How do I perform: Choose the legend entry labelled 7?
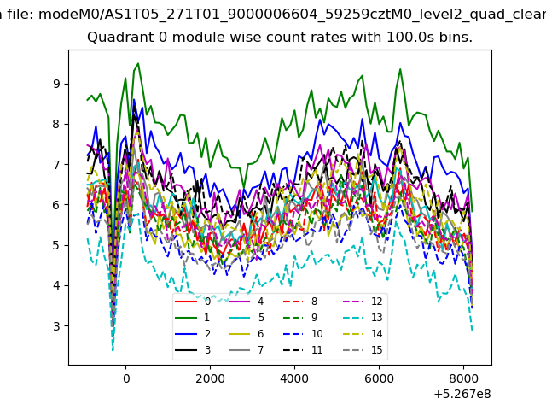pyautogui.click(x=246, y=349)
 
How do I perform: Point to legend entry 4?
pyautogui.click(x=246, y=302)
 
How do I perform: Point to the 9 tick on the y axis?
pyautogui.click(x=56, y=84)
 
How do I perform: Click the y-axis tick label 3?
pyautogui.click(x=56, y=326)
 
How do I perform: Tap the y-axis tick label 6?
pyautogui.click(x=56, y=205)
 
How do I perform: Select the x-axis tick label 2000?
pyautogui.click(x=210, y=378)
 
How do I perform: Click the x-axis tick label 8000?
pyautogui.click(x=463, y=378)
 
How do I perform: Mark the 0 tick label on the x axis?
pyautogui.click(x=126, y=378)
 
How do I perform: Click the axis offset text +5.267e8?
pyautogui.click(x=462, y=395)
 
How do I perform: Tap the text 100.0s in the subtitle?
pyautogui.click(x=383, y=37)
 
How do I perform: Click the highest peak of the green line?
pyautogui.click(x=138, y=63)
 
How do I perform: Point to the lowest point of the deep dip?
pyautogui.click(x=113, y=350)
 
